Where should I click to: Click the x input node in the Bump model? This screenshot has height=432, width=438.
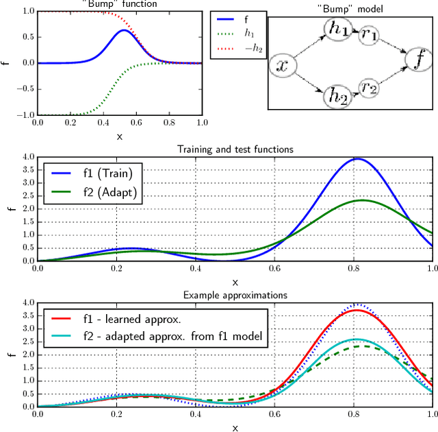282,66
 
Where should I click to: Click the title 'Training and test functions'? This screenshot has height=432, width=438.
235,149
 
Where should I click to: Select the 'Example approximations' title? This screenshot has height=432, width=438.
235,295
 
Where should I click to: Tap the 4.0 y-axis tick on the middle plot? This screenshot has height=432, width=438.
27,157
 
